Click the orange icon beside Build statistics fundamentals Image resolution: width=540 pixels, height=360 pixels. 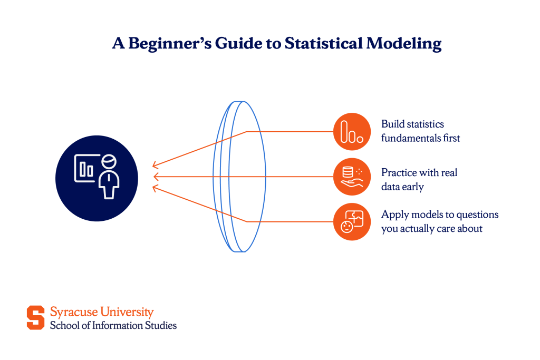(352, 131)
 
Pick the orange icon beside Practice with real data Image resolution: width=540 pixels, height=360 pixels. (352, 177)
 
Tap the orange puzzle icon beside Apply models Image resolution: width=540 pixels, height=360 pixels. (352, 221)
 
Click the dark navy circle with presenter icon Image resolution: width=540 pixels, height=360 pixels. (97, 177)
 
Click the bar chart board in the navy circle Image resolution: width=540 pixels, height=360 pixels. (87, 169)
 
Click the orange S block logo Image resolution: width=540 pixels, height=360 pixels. (36, 318)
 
